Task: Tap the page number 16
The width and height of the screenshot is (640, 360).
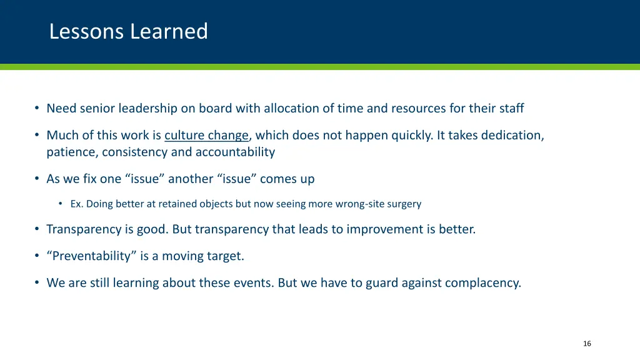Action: (586, 344)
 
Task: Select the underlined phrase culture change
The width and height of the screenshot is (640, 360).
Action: (206, 135)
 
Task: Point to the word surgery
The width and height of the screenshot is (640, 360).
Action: (404, 204)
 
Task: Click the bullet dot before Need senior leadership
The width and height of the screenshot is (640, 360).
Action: (37, 109)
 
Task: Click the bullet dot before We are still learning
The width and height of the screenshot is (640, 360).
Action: (37, 282)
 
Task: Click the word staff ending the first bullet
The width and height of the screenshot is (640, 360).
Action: (511, 109)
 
